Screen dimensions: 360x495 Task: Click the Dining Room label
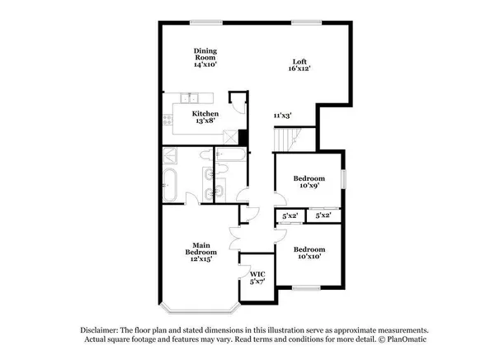coord(205,57)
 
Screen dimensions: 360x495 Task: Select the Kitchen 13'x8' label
coord(205,116)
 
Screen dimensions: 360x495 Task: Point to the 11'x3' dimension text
coord(282,116)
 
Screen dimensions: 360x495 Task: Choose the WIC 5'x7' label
coord(257,277)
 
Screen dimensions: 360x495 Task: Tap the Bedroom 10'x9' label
coord(309,182)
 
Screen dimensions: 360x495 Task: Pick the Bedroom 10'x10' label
coord(309,253)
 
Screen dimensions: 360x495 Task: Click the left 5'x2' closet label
coord(290,216)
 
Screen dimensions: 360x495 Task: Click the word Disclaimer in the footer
coord(101,328)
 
